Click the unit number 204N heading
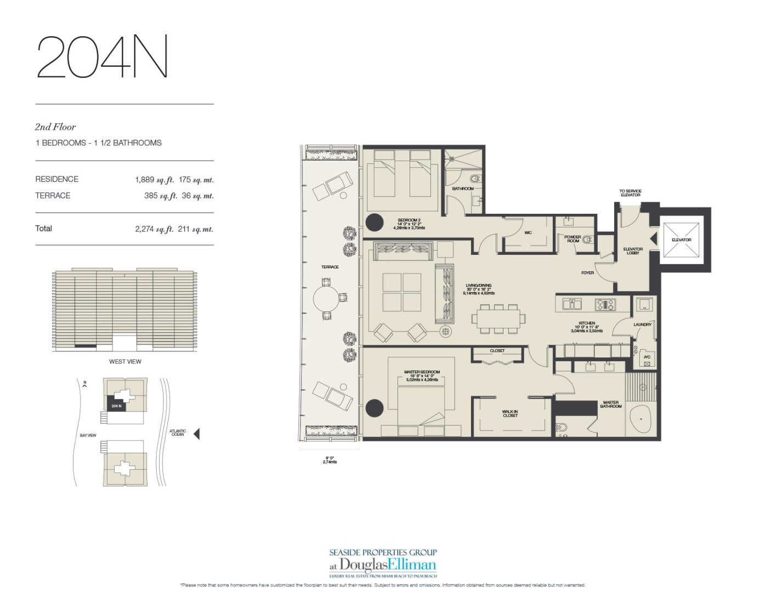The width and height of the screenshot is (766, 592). [102, 57]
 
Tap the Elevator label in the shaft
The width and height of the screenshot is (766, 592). [681, 240]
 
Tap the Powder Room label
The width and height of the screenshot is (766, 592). [573, 239]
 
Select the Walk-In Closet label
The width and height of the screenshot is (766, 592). [510, 413]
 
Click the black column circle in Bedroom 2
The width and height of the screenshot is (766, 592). [375, 223]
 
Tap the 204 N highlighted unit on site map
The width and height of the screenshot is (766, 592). [116, 406]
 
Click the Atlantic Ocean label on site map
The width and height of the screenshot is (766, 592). [178, 433]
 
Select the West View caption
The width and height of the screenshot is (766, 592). [125, 361]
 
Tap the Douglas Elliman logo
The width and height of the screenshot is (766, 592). [383, 564]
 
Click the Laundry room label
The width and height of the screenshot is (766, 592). [642, 325]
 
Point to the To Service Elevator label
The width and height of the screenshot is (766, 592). [631, 193]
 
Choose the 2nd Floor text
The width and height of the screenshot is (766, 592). [55, 127]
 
